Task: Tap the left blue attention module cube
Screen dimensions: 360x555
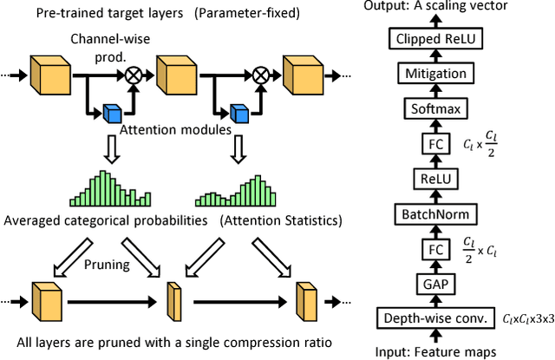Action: [111, 113]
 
